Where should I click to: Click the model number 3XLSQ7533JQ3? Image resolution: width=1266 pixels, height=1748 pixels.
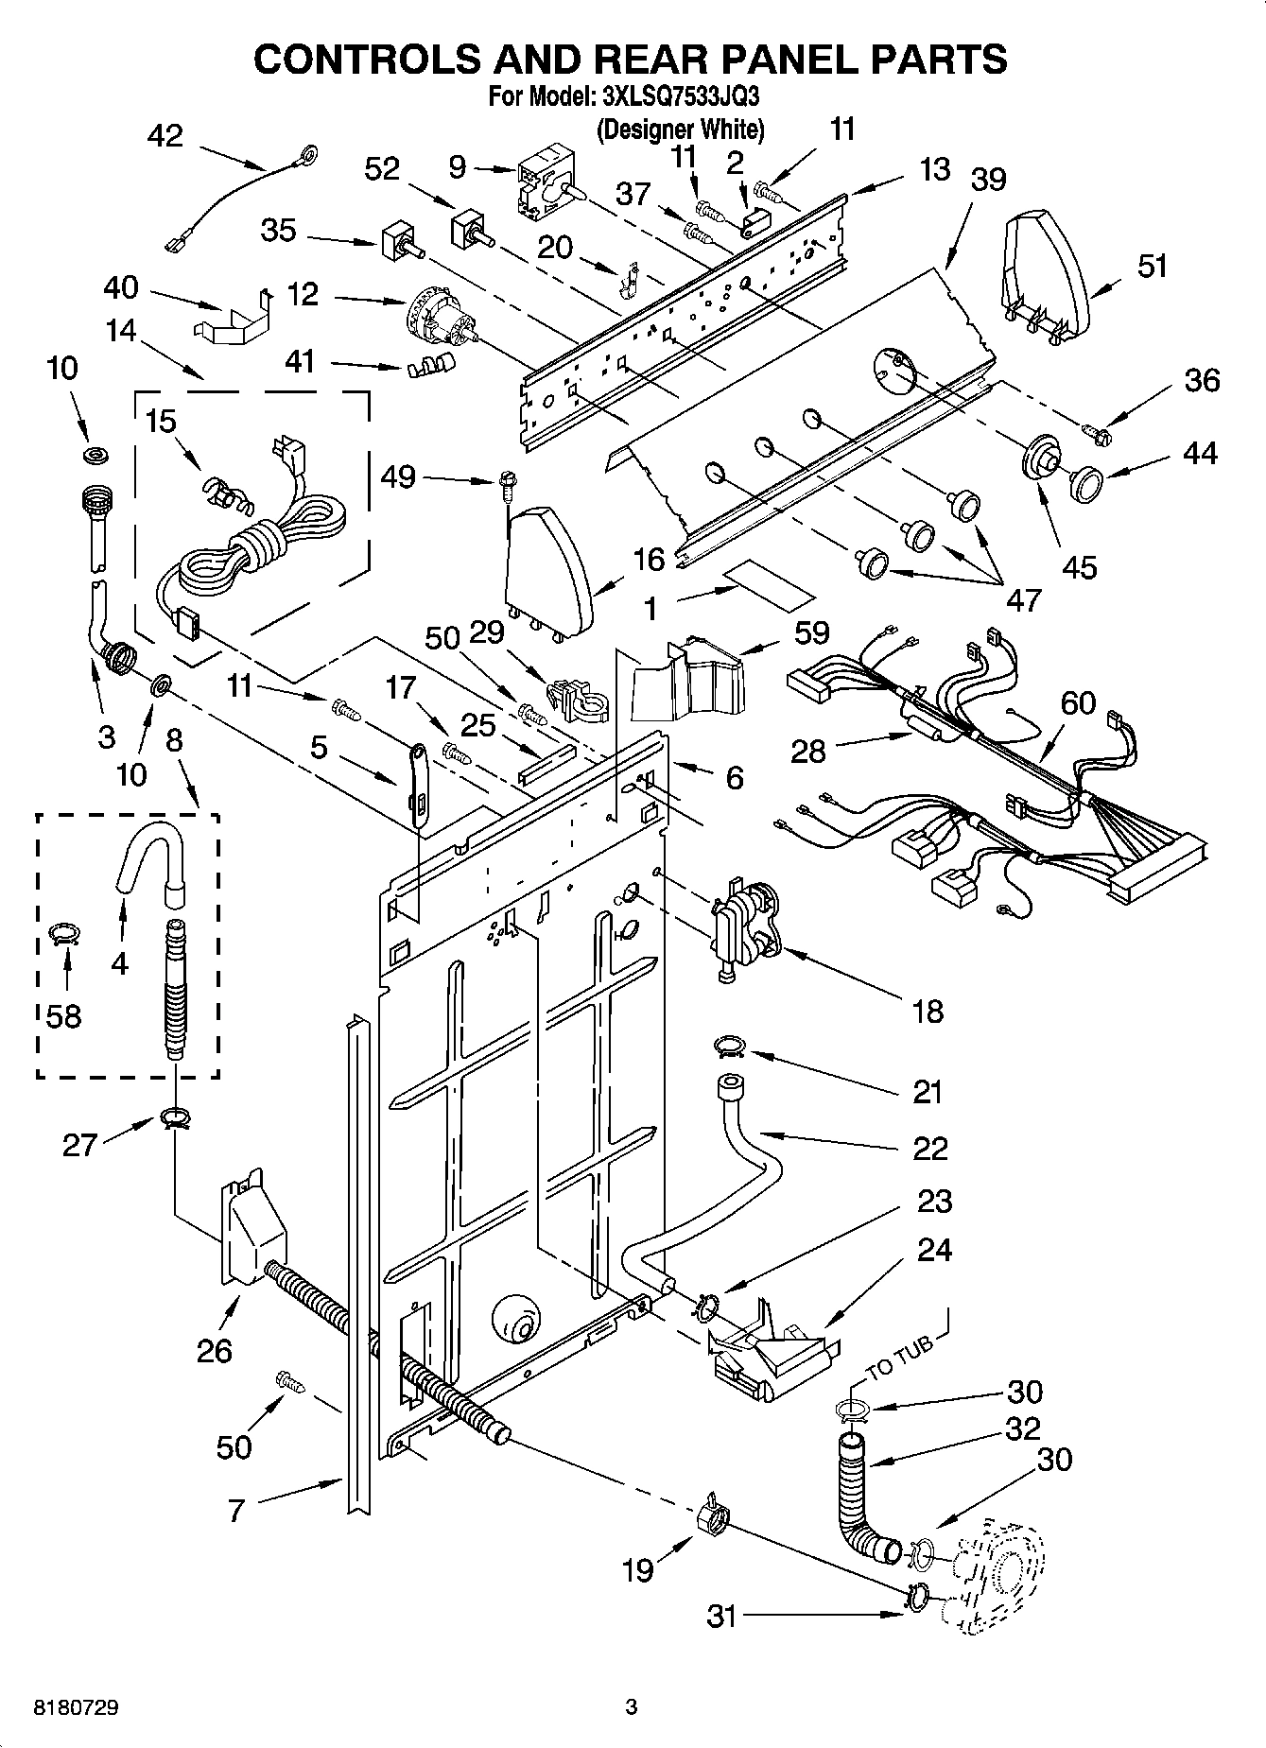[x=680, y=97]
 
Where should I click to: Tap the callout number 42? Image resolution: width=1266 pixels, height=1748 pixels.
[x=165, y=136]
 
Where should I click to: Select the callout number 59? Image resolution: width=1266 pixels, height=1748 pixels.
[x=811, y=632]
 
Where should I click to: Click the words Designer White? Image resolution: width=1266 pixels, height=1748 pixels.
[x=680, y=129]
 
